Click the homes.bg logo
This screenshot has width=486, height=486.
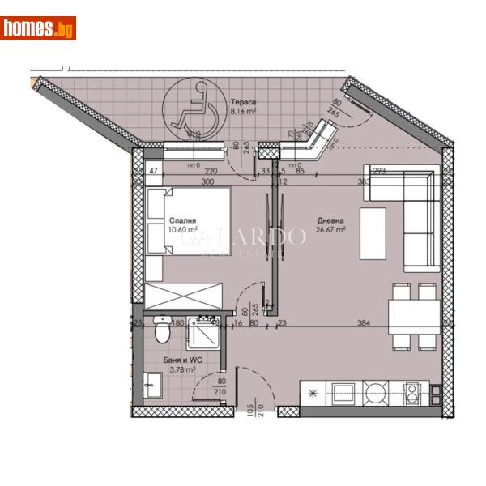(39, 28)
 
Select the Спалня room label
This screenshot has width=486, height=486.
(181, 220)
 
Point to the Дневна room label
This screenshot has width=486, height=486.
(330, 220)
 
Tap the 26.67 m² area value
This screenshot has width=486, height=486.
(330, 229)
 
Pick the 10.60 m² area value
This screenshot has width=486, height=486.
(183, 229)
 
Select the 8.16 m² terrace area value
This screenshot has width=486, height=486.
(244, 113)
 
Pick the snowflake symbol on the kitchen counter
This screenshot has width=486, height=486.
(313, 394)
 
